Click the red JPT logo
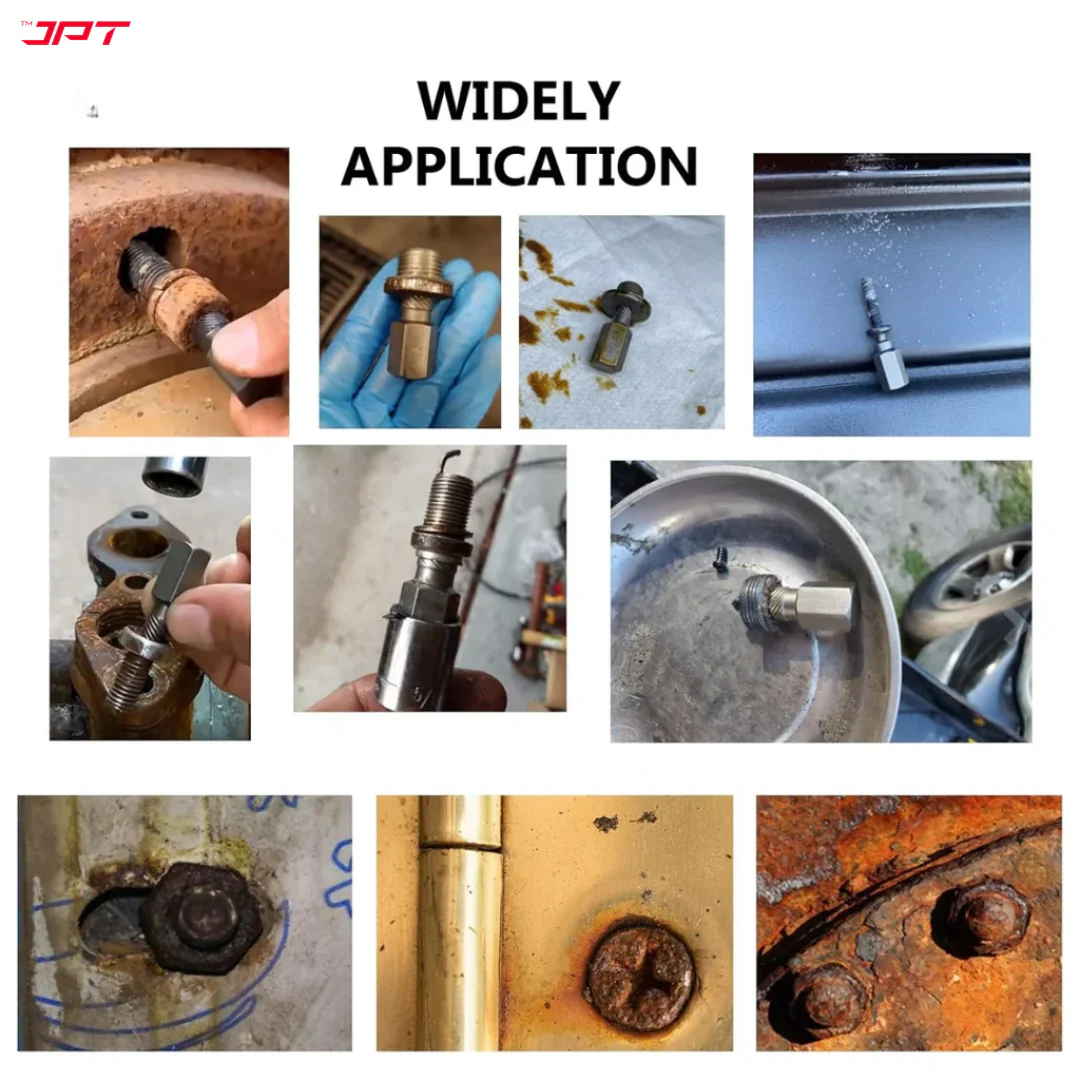click(x=76, y=32)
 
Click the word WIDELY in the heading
click(x=519, y=101)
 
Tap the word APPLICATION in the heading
click(x=519, y=166)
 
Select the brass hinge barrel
click(x=460, y=923)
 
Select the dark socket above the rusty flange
click(x=174, y=475)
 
